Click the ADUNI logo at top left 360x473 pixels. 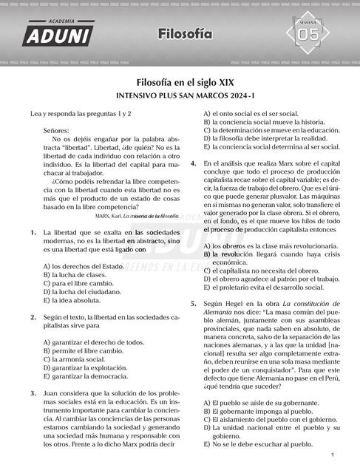tap(58, 33)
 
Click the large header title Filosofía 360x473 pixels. tap(184, 34)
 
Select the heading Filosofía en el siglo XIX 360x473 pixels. tap(180, 83)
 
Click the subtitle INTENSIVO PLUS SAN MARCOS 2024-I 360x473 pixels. tap(180, 96)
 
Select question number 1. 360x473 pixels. tap(34, 232)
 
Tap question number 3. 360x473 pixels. tap(34, 393)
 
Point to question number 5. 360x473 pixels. tap(194, 304)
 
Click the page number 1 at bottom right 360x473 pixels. tap(333, 455)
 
